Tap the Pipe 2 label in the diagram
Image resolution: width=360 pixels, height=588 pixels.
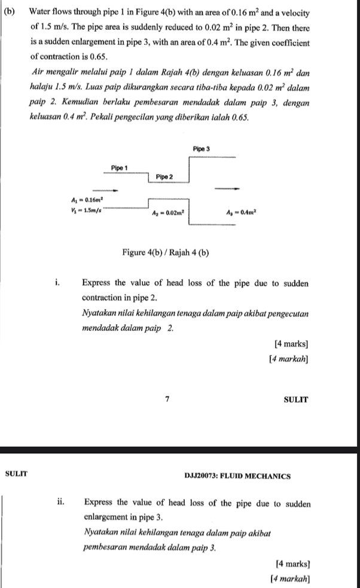point(164,177)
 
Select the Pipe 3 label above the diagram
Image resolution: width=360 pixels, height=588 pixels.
point(203,148)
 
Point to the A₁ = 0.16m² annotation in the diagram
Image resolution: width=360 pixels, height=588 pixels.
point(87,200)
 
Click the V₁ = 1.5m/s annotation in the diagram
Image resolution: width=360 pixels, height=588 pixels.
point(87,211)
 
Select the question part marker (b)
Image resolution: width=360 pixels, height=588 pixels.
point(11,13)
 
